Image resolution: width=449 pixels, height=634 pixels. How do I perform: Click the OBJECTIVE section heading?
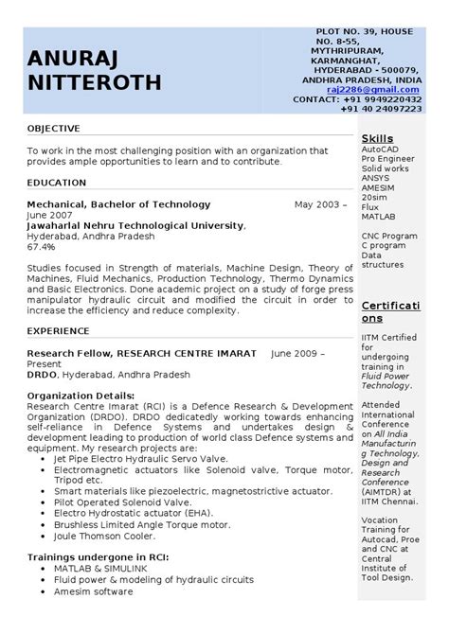pos(53,128)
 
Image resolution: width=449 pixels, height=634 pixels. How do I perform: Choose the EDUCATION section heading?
pos(57,182)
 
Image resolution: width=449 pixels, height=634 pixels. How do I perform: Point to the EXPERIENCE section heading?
pos(58,331)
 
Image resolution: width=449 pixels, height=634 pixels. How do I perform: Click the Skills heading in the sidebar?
pos(377,138)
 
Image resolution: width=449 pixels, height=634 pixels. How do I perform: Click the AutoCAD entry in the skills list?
pos(380,150)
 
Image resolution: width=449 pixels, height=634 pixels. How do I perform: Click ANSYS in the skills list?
pos(376,177)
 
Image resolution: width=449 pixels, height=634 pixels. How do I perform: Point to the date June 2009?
pos(297,353)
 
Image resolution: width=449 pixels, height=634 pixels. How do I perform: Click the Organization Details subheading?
pos(81,394)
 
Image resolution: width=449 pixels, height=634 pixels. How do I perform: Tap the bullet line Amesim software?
pos(93,590)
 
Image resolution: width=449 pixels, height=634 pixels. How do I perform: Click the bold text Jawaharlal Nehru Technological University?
pos(135,225)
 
